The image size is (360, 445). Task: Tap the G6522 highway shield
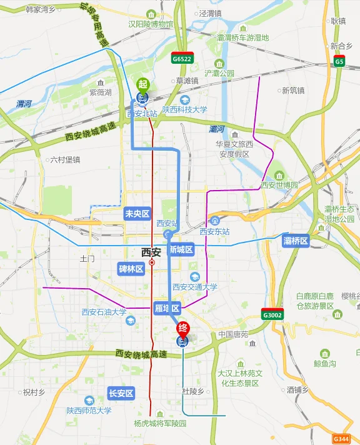[x=182, y=58]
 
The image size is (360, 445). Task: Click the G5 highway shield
[x=339, y=61]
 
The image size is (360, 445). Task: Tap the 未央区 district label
[x=137, y=214]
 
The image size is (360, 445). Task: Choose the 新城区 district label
[x=181, y=249]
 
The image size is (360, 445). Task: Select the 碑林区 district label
[x=131, y=269]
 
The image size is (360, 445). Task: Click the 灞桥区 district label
[x=296, y=241]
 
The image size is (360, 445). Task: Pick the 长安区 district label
[x=121, y=393]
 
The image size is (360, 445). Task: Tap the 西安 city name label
[x=151, y=252]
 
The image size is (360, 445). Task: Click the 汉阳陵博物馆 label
[x=151, y=24]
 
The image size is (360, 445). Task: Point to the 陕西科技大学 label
[x=185, y=109]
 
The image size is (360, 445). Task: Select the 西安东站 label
[x=215, y=231]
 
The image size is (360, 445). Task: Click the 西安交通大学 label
[x=195, y=287]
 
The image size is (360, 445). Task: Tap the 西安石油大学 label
[x=104, y=312]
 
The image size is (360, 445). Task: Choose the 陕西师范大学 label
[x=89, y=411]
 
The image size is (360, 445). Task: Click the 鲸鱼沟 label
[x=325, y=363]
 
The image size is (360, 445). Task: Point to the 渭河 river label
[x=24, y=104]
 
